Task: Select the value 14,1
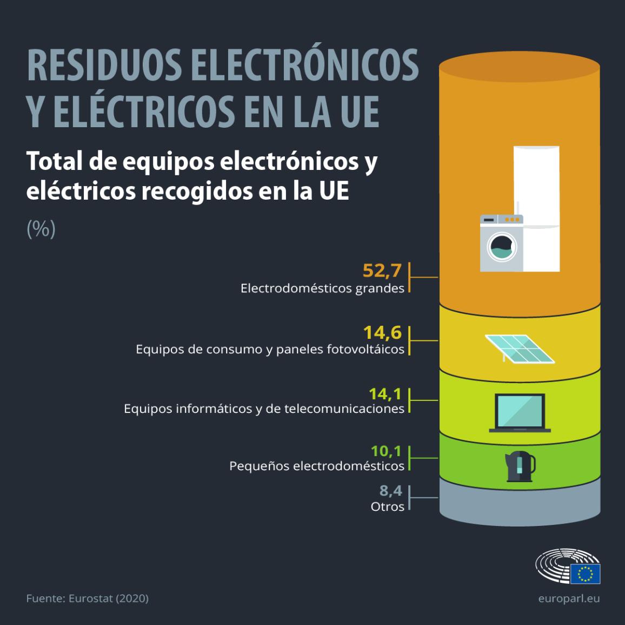385,393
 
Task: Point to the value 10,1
387,451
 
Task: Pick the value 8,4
391,491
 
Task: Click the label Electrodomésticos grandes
322,288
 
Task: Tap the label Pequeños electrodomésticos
317,465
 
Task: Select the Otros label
388,507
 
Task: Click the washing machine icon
501,243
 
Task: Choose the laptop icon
520,413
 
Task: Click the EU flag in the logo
585,573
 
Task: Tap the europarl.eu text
569,598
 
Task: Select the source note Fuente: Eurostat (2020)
88,598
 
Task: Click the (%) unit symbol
41,229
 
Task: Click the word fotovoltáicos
365,349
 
